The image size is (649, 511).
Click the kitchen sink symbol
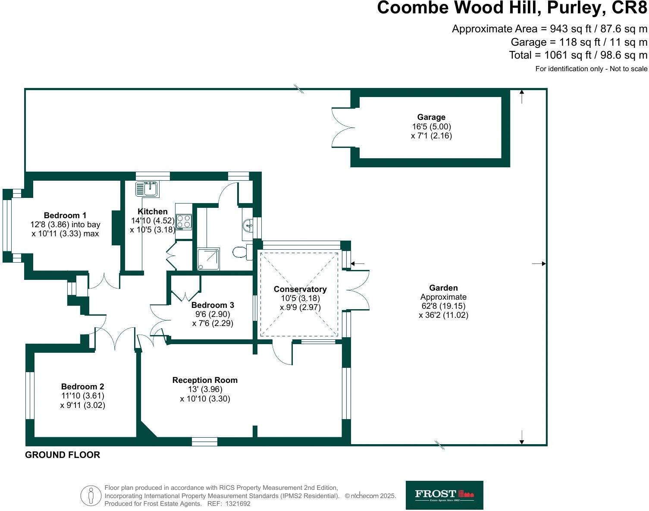coord(147,189)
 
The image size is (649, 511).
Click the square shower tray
coord(208,259)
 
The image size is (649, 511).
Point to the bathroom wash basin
coord(248,225)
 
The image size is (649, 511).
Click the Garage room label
coord(431,117)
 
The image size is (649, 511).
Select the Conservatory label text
coord(300,289)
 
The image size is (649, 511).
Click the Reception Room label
coord(205,380)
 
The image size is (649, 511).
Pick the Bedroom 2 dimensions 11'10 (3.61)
coord(82,396)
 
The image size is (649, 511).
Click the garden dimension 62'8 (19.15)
coord(443,306)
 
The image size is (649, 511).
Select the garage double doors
coord(343,127)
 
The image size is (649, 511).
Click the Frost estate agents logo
coord(444,495)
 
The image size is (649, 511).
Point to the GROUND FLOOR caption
coord(63,455)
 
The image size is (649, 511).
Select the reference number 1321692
coord(236,503)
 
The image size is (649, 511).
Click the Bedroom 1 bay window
coord(7,226)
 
